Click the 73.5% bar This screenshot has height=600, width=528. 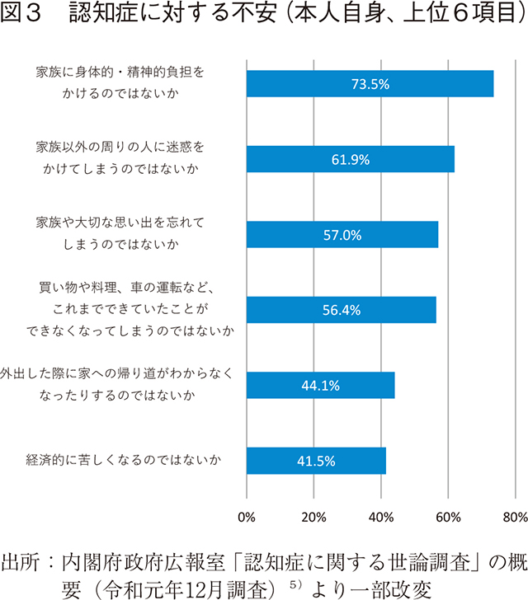click(x=370, y=84)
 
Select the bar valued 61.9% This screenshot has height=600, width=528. click(x=351, y=159)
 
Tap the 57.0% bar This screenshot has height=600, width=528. click(x=342, y=235)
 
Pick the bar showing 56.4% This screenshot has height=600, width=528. click(x=342, y=310)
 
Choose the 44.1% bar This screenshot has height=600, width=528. click(x=320, y=385)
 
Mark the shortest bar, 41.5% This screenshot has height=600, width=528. click(x=316, y=461)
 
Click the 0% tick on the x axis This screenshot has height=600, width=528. click(x=247, y=518)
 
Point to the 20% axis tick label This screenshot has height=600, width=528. click(x=313, y=518)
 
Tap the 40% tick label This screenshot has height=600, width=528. click(x=380, y=518)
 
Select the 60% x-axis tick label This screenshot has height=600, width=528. click(x=448, y=518)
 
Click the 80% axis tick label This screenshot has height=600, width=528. click(x=514, y=518)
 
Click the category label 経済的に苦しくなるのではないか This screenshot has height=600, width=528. click(x=124, y=461)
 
